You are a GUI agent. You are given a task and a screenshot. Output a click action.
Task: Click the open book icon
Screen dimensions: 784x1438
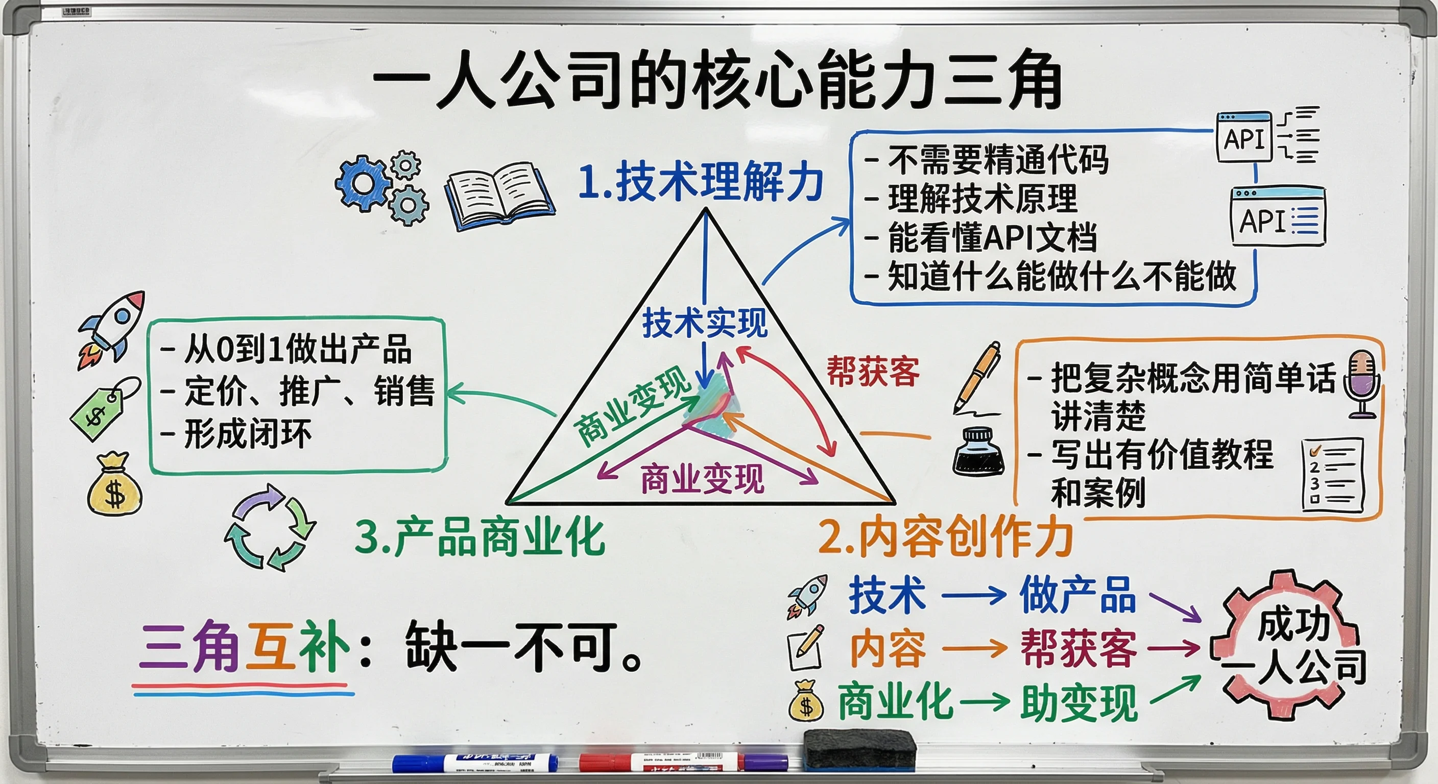499,195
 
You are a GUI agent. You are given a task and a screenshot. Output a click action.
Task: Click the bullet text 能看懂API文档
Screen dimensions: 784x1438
993,238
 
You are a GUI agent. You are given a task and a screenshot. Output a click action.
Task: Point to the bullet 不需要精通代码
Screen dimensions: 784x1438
997,160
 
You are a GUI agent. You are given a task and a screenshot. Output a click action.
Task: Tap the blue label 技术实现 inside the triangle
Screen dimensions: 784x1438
705,323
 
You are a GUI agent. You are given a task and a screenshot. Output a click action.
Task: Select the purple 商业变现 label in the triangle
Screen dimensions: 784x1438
702,479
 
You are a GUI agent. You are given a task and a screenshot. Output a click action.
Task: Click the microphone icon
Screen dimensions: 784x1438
1362,384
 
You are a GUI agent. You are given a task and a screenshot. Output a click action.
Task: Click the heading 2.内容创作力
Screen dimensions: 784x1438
945,537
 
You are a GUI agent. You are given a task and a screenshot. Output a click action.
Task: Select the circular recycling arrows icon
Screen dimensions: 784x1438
270,527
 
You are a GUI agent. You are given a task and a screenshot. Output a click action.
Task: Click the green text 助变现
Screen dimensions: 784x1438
1078,703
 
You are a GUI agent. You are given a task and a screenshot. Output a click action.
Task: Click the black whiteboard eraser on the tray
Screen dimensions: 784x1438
859,749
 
